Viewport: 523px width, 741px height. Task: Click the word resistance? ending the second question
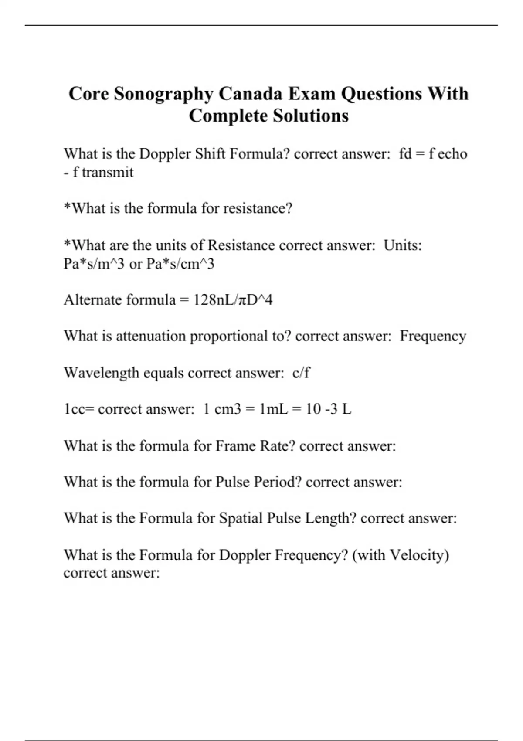tap(258, 208)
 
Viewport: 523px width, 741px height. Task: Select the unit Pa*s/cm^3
tap(180, 264)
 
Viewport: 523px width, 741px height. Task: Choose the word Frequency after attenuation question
tap(433, 337)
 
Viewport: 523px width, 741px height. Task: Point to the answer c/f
tap(301, 373)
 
